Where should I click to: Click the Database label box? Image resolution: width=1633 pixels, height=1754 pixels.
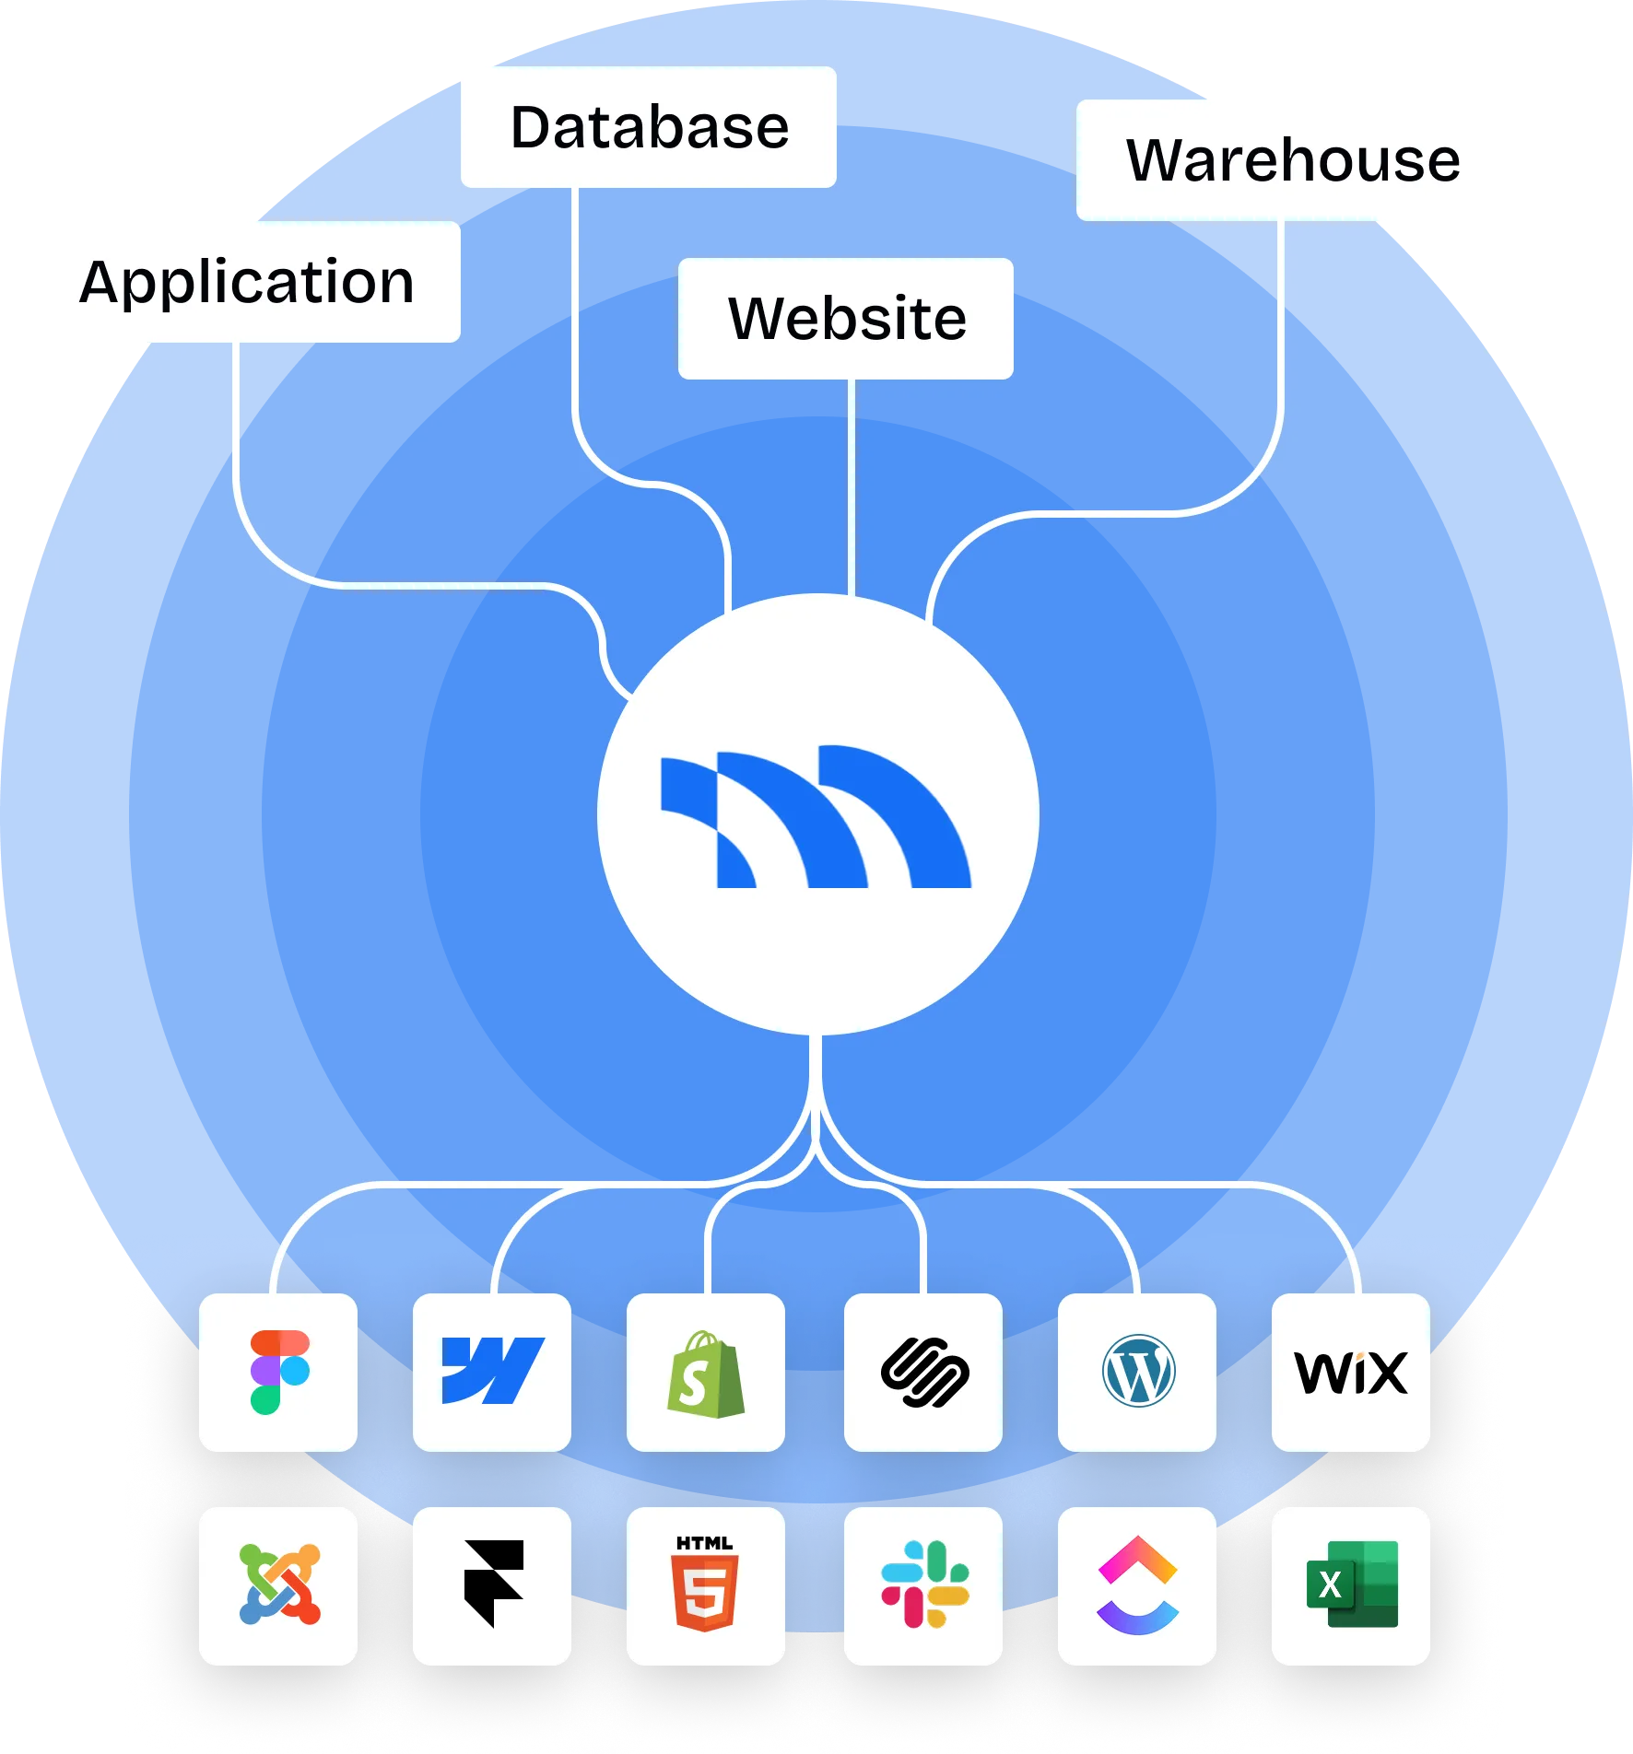[649, 127]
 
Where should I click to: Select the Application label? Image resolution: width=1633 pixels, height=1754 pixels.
[247, 282]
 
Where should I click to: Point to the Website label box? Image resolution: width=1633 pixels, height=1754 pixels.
[846, 319]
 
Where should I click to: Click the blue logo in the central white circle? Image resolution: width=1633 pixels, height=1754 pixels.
[816, 816]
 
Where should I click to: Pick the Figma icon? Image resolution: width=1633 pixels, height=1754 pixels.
[279, 1372]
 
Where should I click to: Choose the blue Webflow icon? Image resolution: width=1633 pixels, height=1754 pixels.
[493, 1371]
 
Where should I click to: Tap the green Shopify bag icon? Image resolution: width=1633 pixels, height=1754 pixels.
[706, 1374]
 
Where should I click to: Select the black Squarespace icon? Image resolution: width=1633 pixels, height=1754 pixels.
[924, 1373]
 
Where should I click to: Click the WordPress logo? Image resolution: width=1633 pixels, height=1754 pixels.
[1138, 1371]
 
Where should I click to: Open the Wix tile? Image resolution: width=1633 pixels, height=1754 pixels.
[1351, 1373]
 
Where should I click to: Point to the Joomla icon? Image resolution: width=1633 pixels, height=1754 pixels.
[279, 1584]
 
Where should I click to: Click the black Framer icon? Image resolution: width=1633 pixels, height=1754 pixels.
[494, 1584]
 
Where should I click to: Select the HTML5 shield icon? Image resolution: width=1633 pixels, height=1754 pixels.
[705, 1584]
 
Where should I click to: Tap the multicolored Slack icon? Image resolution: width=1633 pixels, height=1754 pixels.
[924, 1584]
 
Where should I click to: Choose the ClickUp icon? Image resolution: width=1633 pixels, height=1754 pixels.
[1138, 1584]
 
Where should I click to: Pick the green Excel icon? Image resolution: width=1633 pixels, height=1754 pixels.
[1352, 1584]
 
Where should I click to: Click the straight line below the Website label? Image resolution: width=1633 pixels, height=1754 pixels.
[851, 487]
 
